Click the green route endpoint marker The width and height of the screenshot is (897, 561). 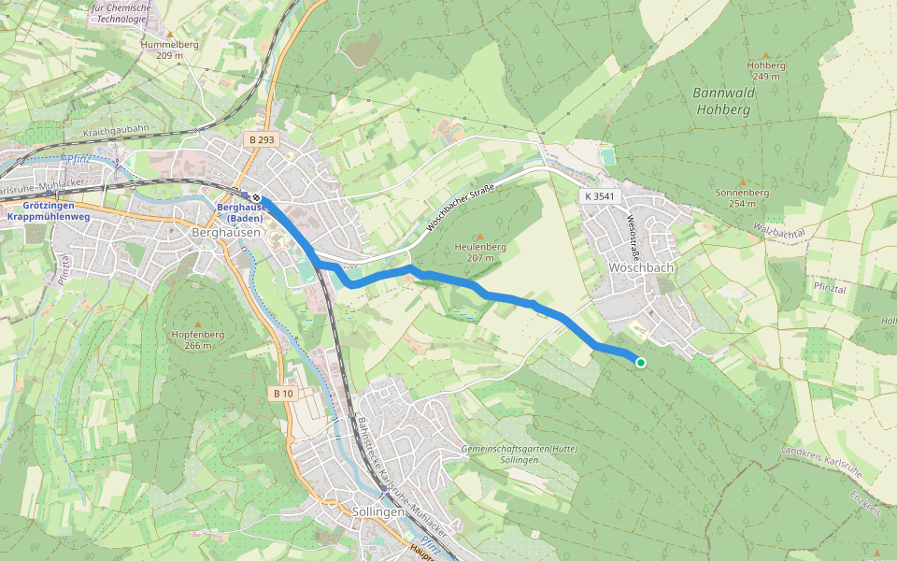(641, 363)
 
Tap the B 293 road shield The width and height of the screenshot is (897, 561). (263, 138)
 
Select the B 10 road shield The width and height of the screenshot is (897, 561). (284, 394)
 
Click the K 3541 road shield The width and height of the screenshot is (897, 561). (599, 196)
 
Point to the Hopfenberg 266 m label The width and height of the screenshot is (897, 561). (197, 339)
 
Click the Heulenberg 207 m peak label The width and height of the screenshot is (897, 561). (480, 252)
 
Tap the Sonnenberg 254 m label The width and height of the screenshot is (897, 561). (742, 197)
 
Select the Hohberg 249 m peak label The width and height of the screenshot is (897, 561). (766, 70)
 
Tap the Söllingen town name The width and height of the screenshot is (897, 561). (379, 512)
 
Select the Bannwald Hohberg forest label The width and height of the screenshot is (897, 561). (721, 101)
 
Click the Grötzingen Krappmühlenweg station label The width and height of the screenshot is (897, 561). (49, 210)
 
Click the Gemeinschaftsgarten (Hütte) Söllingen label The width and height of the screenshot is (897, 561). (520, 454)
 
